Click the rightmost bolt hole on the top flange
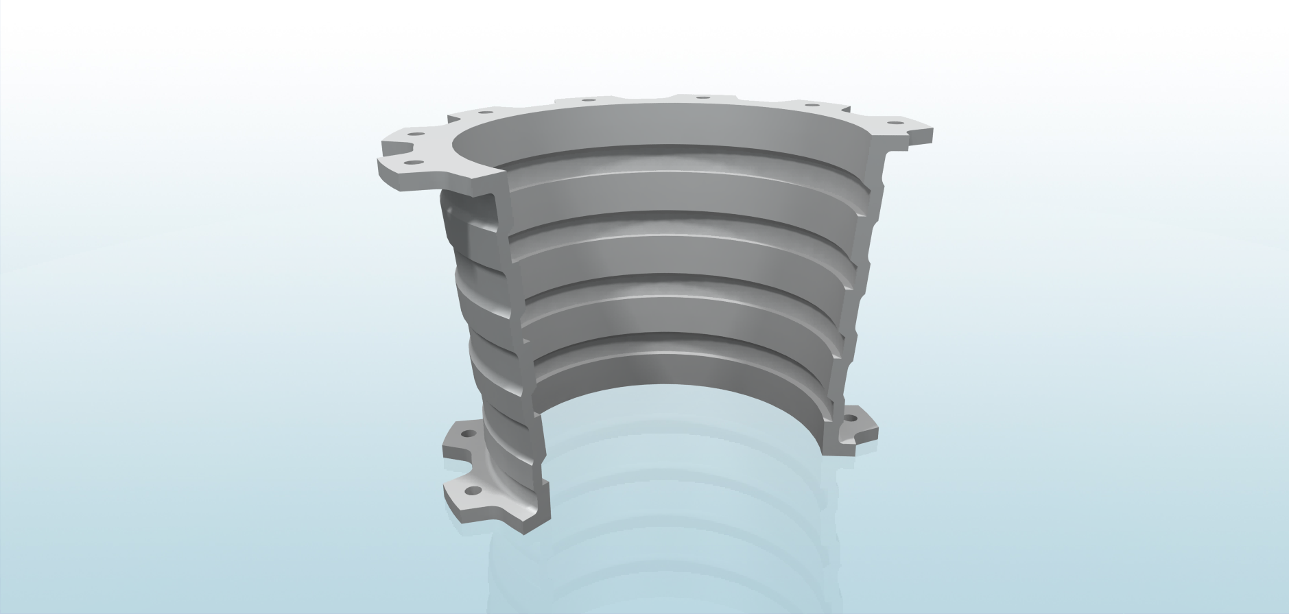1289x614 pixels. pyautogui.click(x=892, y=123)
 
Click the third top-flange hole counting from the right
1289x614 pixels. pyautogui.click(x=702, y=98)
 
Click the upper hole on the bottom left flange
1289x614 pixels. pyautogui.click(x=467, y=435)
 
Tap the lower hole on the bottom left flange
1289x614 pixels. pyautogui.click(x=473, y=491)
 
